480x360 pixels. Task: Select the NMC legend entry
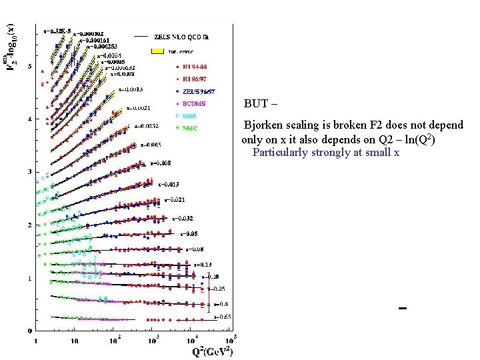click(191, 128)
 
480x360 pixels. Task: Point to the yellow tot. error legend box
click(157, 51)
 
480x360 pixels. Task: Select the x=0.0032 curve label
click(146, 125)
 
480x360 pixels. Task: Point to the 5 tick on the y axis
click(29, 66)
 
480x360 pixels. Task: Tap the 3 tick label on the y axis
click(29, 172)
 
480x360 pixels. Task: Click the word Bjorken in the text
click(261, 125)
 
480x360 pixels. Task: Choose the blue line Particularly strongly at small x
click(325, 152)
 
